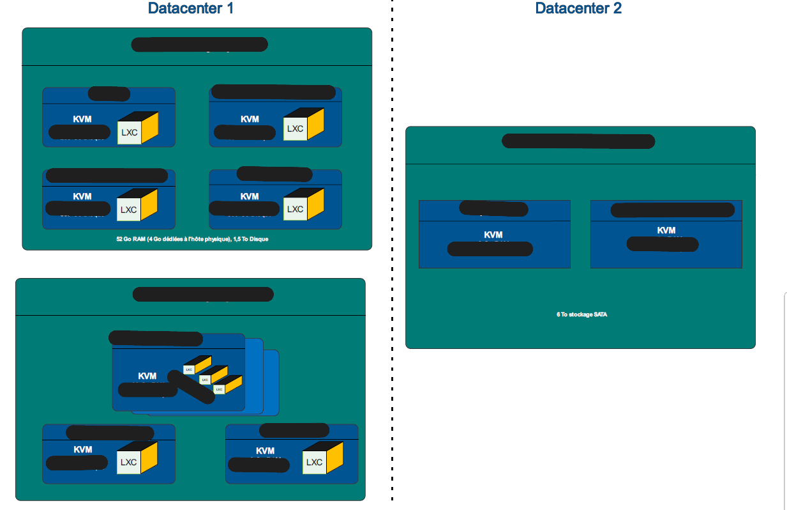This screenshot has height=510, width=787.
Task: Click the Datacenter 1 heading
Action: (x=190, y=8)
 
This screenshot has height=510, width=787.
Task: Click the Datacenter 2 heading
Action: (x=578, y=8)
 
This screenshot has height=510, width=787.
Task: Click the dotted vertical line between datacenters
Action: (x=391, y=256)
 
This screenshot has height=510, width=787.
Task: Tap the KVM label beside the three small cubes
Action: (x=147, y=376)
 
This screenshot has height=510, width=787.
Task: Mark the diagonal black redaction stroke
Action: (x=191, y=386)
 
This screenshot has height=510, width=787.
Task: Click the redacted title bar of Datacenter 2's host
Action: (x=578, y=141)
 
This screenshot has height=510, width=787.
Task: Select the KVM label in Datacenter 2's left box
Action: (x=493, y=235)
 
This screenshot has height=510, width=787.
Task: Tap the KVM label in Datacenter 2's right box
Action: (x=666, y=230)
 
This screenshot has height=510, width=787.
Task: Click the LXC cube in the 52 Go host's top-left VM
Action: (x=137, y=128)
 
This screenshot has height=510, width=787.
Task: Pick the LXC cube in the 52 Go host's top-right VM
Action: (x=303, y=125)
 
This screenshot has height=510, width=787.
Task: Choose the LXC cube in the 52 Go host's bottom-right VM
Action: (x=303, y=205)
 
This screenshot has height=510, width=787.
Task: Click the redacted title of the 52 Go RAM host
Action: (x=199, y=45)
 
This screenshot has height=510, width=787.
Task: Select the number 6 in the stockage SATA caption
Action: (x=558, y=314)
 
